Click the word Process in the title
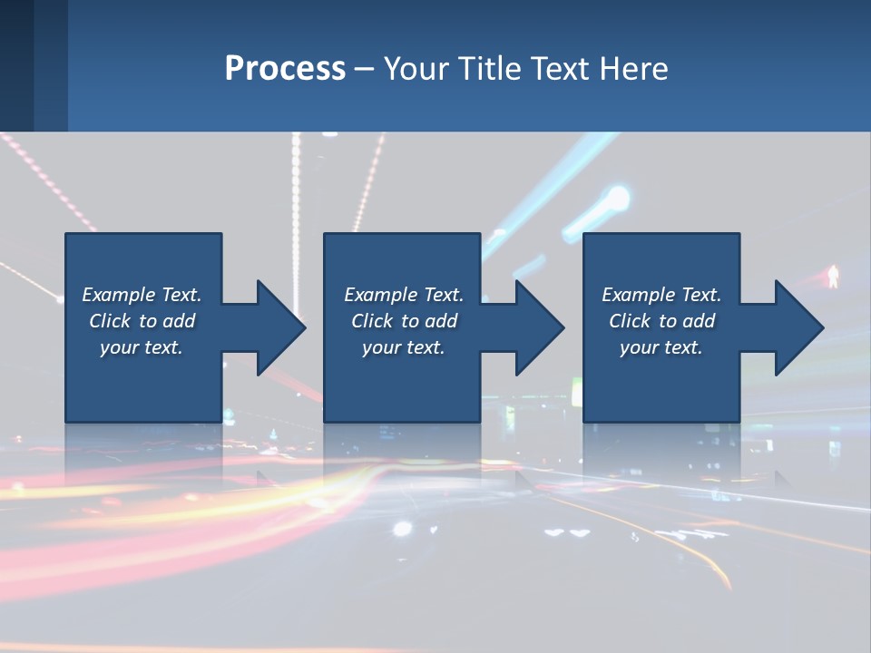point(285,69)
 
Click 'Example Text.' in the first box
point(142,295)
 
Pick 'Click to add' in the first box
point(142,321)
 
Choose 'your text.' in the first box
point(142,347)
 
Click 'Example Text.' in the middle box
point(403,295)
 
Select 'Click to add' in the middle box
point(403,321)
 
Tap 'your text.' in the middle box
point(403,347)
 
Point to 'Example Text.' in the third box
point(661,295)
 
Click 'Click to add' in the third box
point(661,321)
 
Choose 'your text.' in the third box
point(661,347)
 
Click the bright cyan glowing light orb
point(618,197)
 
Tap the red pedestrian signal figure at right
point(832,277)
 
